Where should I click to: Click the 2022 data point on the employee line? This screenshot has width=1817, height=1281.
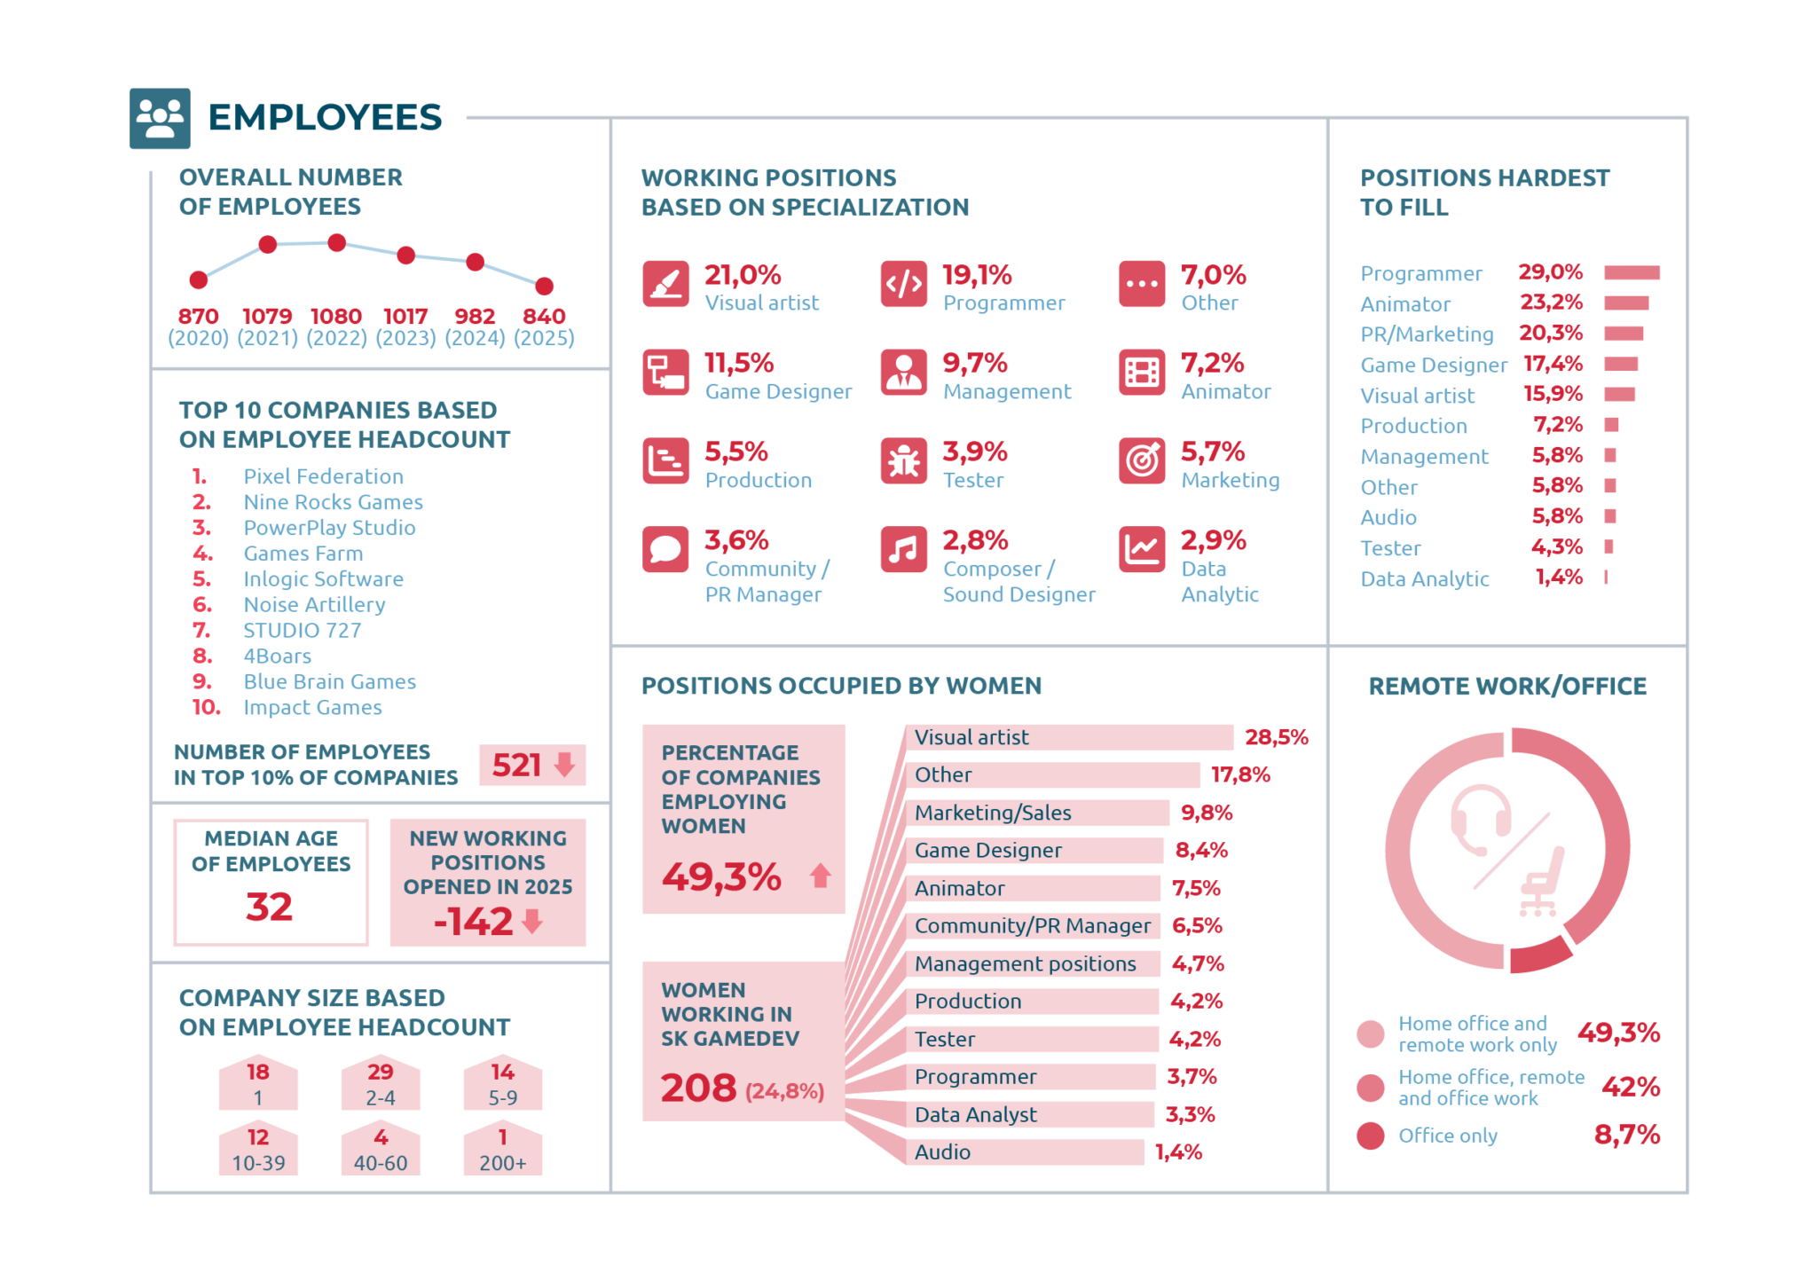pyautogui.click(x=336, y=242)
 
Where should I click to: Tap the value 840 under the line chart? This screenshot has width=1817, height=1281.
pyautogui.click(x=544, y=316)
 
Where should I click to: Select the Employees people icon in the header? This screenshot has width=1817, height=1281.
pyautogui.click(x=160, y=118)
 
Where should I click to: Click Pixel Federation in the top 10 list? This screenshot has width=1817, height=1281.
pyautogui.click(x=323, y=476)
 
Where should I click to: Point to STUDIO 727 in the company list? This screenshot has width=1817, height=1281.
pyautogui.click(x=303, y=631)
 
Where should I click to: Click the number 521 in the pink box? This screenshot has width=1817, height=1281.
pyautogui.click(x=516, y=765)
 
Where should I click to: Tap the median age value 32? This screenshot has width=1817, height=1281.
pyautogui.click(x=270, y=907)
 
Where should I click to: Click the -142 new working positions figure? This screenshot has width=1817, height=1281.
pyautogui.click(x=474, y=922)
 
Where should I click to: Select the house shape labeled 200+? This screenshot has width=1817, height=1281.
pyautogui.click(x=503, y=1149)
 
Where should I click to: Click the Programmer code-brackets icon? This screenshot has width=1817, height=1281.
pyautogui.click(x=904, y=284)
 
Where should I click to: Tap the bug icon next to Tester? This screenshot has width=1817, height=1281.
pyautogui.click(x=904, y=461)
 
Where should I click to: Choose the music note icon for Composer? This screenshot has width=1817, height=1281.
pyautogui.click(x=904, y=550)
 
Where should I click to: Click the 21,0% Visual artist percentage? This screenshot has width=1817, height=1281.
pyautogui.click(x=743, y=275)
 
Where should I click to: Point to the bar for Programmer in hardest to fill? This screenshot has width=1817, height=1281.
pyautogui.click(x=1632, y=272)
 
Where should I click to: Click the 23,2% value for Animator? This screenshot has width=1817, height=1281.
pyautogui.click(x=1552, y=303)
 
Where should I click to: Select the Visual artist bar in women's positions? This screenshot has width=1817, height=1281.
pyautogui.click(x=1070, y=737)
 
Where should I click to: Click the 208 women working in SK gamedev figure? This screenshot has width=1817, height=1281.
pyautogui.click(x=698, y=1088)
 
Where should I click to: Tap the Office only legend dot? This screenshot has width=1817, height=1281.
pyautogui.click(x=1371, y=1136)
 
